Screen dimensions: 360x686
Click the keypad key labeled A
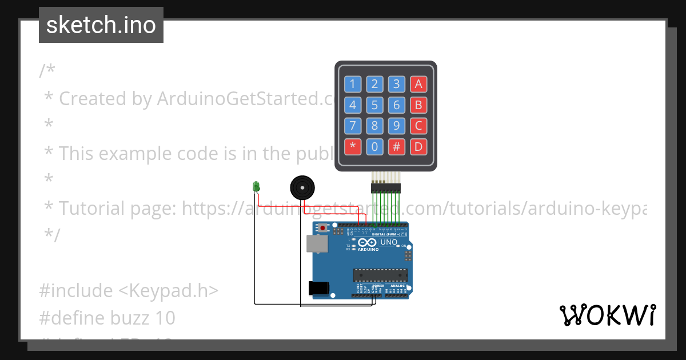[x=418, y=85]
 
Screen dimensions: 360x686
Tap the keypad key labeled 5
[x=374, y=105]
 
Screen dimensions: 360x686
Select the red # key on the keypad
[x=396, y=146]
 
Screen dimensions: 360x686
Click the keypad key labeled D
[x=418, y=146]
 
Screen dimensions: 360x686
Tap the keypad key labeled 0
[x=374, y=146]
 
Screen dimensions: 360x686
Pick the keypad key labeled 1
[x=352, y=85]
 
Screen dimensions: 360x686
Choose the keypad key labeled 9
[x=396, y=126]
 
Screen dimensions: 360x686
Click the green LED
[x=256, y=186]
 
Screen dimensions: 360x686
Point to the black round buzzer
[x=302, y=187]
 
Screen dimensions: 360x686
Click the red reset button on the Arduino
[x=323, y=229]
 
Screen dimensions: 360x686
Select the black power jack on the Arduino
[x=318, y=288]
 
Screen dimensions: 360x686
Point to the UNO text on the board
[x=389, y=242]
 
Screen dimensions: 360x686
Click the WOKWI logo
[x=607, y=315]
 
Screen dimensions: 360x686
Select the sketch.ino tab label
[x=101, y=25]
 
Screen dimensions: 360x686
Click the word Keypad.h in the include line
[x=169, y=291]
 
